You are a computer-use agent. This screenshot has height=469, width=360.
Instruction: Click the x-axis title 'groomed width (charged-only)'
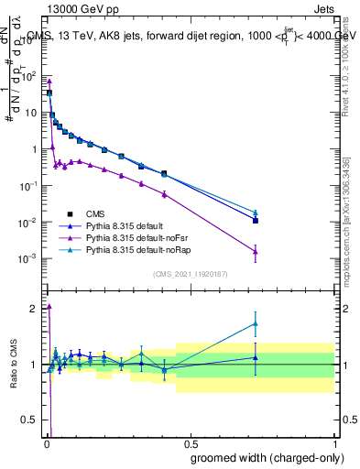click(x=262, y=457)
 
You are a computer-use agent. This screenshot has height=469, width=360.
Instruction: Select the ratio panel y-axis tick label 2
click(x=35, y=308)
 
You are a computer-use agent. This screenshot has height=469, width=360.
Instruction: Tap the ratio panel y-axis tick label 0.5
click(x=30, y=421)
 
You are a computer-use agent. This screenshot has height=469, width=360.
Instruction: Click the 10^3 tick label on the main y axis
click(x=27, y=40)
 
